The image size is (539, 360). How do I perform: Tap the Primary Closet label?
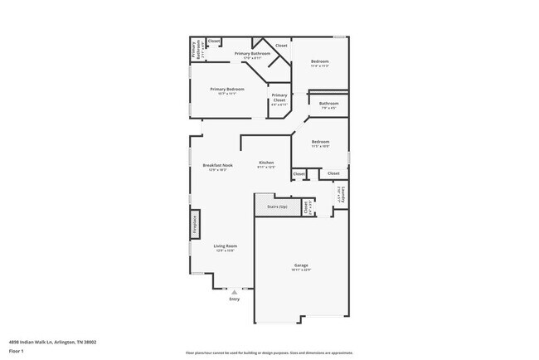click(x=279, y=99)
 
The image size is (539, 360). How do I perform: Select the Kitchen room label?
click(x=266, y=162)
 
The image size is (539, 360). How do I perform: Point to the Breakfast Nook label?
click(x=217, y=165)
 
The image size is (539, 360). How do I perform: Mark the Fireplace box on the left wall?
click(x=196, y=226)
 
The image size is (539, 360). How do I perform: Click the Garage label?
click(x=300, y=265)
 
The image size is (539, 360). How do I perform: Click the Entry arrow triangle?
click(x=234, y=291)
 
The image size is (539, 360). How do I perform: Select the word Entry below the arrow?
click(x=234, y=299)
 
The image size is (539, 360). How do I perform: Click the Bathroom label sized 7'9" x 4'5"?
click(x=329, y=104)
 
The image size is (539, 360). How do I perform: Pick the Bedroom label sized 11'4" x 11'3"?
click(x=320, y=62)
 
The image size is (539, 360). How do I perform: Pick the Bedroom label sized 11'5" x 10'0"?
click(x=321, y=142)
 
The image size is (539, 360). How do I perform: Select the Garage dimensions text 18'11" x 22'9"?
click(x=300, y=270)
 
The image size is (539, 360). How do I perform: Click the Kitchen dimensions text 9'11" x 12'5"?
click(x=266, y=167)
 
